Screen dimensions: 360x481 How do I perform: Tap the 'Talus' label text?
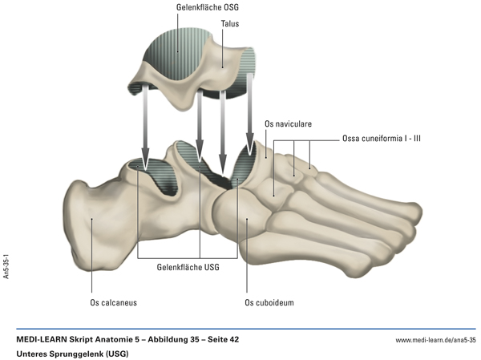tap(231, 24)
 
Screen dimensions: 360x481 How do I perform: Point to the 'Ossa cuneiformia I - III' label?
tap(382, 138)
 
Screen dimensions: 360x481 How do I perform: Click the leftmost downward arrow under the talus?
tap(145, 128)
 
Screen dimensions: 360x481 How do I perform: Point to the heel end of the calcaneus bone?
tap(72, 224)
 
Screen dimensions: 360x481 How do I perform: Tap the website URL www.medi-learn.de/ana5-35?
tap(435, 341)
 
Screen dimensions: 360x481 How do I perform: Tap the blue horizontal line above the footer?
tap(240, 329)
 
